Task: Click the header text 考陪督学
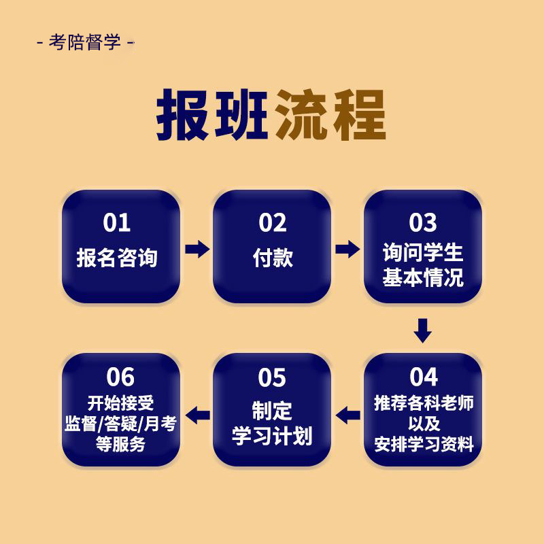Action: [85, 43]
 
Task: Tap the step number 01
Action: [117, 222]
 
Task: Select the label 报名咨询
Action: [117, 258]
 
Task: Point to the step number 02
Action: [273, 222]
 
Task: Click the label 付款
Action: [273, 258]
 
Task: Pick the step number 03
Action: [423, 222]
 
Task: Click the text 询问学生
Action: [423, 254]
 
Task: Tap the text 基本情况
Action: [423, 277]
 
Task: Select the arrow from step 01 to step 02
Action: [197, 249]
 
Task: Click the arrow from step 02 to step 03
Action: [347, 249]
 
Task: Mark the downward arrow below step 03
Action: [423, 330]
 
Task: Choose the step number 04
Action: [424, 377]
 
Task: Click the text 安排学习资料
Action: [424, 445]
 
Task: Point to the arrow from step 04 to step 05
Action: [348, 413]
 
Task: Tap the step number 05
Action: [273, 377]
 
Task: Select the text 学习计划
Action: [273, 436]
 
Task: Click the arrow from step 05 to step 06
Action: [198, 413]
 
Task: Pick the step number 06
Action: [120, 377]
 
